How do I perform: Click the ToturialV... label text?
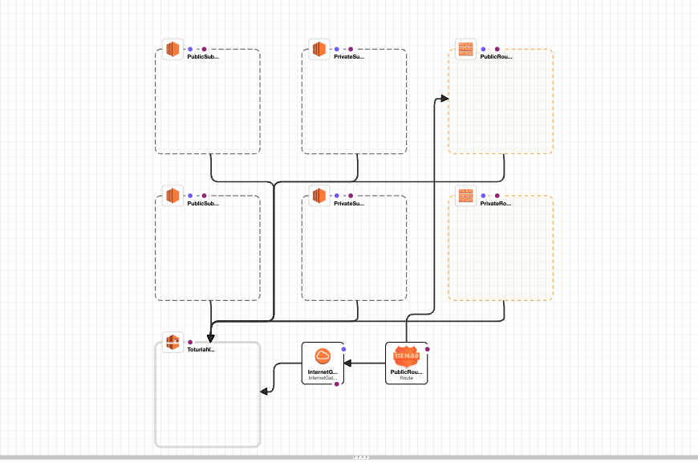pyautogui.click(x=201, y=350)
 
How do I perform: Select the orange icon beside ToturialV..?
pyautogui.click(x=172, y=343)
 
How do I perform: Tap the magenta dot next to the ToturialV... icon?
pyautogui.click(x=190, y=343)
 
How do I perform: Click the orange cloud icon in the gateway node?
pyautogui.click(x=323, y=356)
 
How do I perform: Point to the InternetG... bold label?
pyautogui.click(x=323, y=372)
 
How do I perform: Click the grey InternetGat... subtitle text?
pyautogui.click(x=323, y=378)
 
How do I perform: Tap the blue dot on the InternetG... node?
pyautogui.click(x=343, y=349)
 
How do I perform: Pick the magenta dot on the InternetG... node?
pyautogui.click(x=336, y=384)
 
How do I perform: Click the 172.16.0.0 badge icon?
pyautogui.click(x=406, y=355)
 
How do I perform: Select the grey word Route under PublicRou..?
pyautogui.click(x=406, y=378)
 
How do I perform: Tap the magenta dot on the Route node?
pyautogui.click(x=428, y=349)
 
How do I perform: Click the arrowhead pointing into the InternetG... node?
pyautogui.click(x=347, y=363)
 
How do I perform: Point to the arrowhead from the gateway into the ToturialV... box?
pyautogui.click(x=263, y=392)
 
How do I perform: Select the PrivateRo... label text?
pyautogui.click(x=495, y=204)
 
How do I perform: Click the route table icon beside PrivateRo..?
pyautogui.click(x=465, y=196)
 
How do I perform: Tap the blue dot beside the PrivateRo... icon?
pyautogui.click(x=483, y=196)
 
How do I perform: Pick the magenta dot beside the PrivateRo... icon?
pyautogui.click(x=497, y=196)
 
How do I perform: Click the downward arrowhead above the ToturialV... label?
pyautogui.click(x=210, y=337)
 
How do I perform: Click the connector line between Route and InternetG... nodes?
pyautogui.click(x=365, y=363)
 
